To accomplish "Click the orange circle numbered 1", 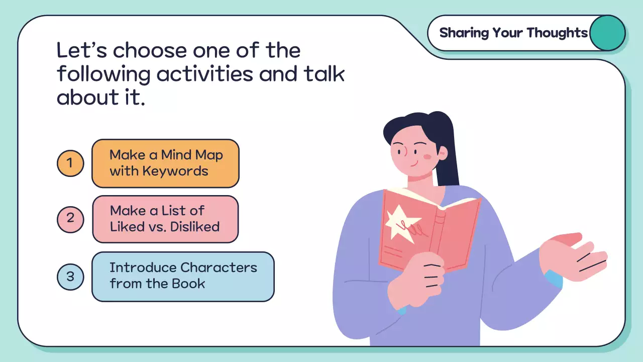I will click(x=70, y=163).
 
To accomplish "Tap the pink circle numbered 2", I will click(x=70, y=219).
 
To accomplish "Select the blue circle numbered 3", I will click(x=70, y=276).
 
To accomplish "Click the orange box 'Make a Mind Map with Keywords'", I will click(x=165, y=163).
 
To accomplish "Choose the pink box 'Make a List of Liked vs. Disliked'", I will click(x=165, y=219).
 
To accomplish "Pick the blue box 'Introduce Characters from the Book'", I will click(x=183, y=277).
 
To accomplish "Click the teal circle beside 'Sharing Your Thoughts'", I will click(x=607, y=33).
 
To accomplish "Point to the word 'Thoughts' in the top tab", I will click(x=557, y=33).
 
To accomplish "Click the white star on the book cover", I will click(x=401, y=223).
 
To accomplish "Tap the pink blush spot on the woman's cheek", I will click(x=427, y=157).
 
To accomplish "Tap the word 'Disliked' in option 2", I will click(x=195, y=226).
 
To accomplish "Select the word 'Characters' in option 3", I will click(x=219, y=267).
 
